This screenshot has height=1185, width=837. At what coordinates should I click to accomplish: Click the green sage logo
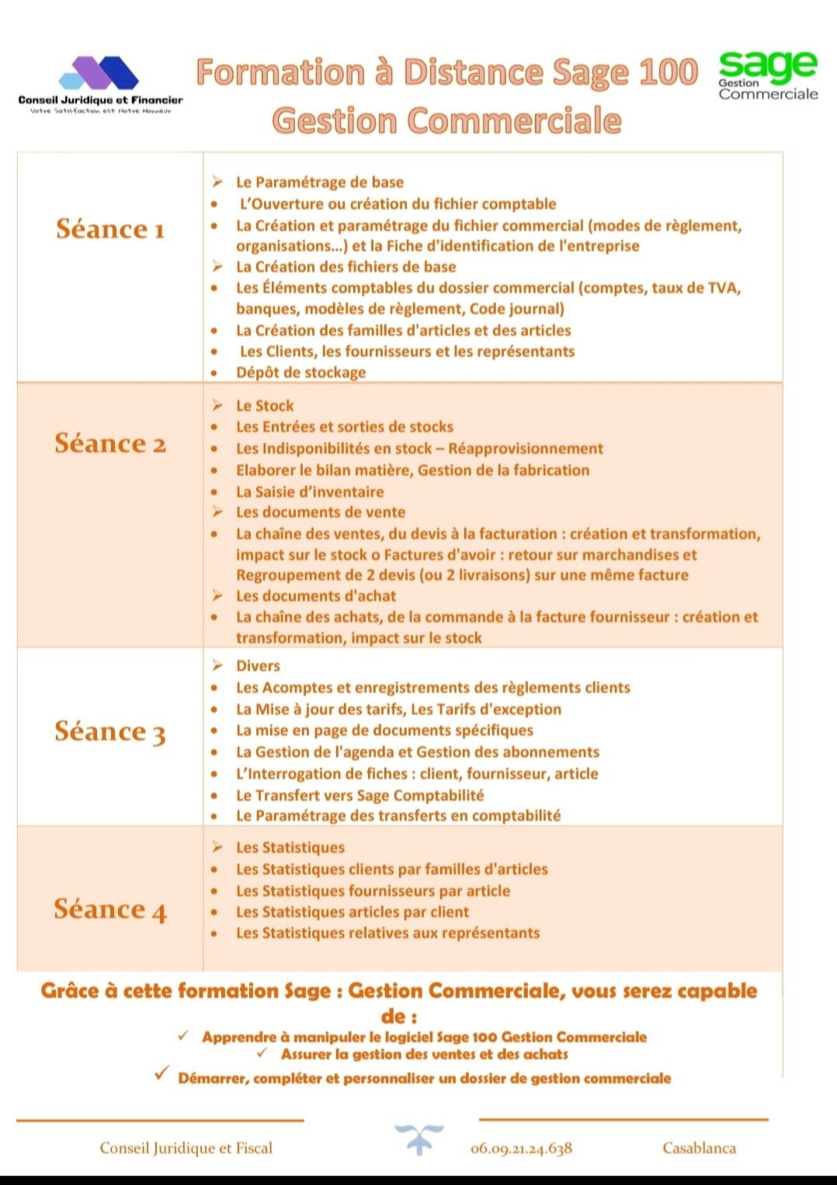(767, 66)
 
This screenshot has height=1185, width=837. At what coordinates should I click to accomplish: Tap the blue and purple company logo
(99, 74)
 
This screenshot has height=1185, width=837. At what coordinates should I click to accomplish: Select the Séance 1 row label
(110, 229)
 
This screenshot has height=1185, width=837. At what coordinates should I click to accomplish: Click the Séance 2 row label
(110, 443)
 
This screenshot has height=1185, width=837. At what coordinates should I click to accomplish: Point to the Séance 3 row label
(110, 732)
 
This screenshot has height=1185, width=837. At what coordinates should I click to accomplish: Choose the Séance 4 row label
(110, 909)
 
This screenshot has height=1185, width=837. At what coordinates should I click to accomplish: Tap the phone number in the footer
(521, 1148)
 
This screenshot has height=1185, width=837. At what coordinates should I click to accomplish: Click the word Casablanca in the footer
(699, 1148)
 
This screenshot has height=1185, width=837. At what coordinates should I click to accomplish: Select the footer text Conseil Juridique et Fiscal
(186, 1148)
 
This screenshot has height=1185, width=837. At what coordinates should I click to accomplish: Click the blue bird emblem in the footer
(418, 1139)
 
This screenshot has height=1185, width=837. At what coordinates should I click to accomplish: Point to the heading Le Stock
(265, 405)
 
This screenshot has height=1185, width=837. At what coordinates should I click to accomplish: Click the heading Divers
(258, 665)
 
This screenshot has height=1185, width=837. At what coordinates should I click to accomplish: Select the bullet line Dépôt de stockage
(300, 372)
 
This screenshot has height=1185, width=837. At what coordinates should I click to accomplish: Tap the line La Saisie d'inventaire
(310, 492)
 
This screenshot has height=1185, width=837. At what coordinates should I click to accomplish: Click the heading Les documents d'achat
(316, 596)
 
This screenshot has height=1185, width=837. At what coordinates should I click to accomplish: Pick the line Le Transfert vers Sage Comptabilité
(359, 794)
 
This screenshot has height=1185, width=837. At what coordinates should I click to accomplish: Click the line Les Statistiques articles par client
(353, 912)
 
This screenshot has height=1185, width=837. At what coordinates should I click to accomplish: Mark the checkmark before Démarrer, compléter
(161, 1073)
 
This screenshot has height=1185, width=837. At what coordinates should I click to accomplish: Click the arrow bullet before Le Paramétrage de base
(217, 182)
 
